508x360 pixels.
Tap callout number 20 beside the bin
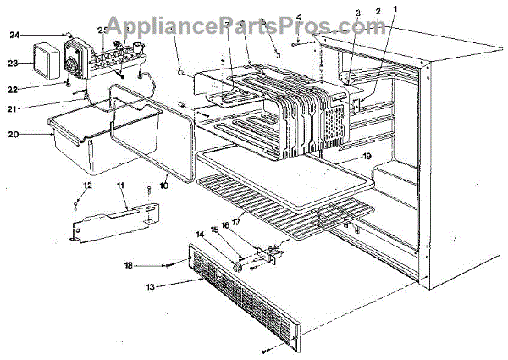click(x=13, y=133)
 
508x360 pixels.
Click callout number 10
click(x=163, y=180)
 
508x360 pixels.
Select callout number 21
click(x=13, y=108)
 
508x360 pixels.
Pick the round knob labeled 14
click(x=235, y=269)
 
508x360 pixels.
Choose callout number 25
click(x=102, y=30)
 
